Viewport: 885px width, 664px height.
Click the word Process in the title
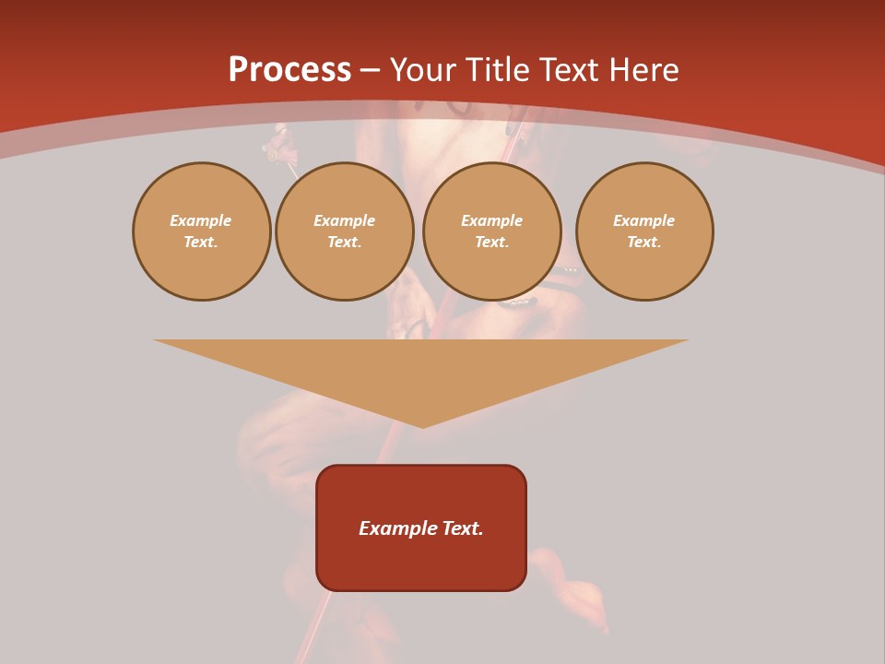(289, 70)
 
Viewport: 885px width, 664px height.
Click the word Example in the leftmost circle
(201, 220)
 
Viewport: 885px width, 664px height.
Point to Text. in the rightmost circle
(644, 243)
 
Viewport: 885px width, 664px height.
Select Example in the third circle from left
(492, 220)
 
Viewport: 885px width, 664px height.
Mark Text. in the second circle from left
(345, 243)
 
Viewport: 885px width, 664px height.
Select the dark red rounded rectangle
(421, 563)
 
